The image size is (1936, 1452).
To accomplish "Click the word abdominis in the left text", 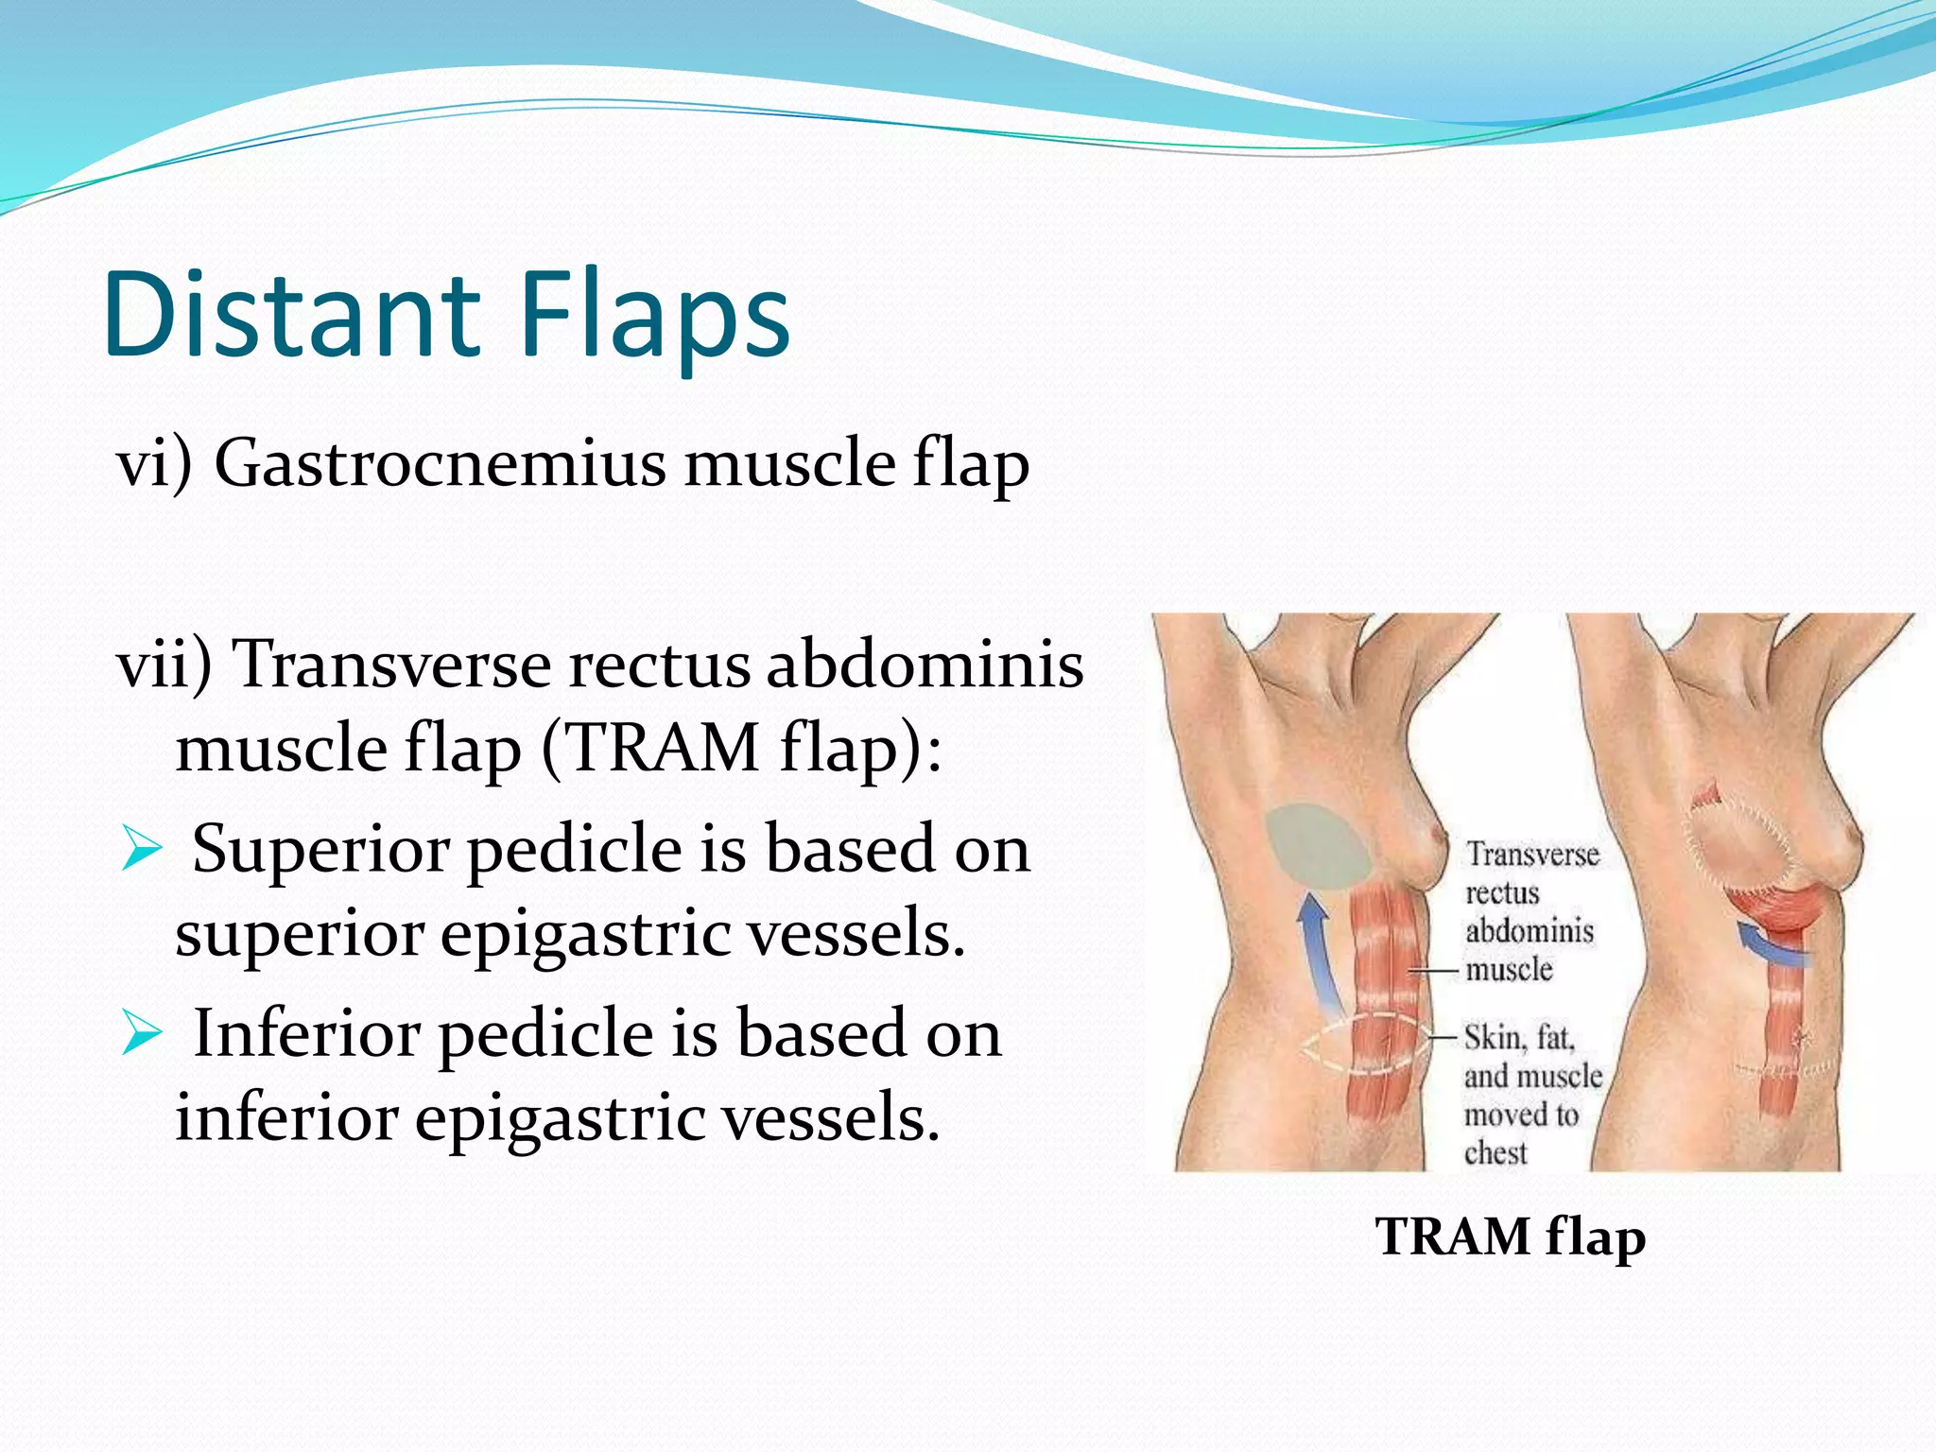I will [924, 664].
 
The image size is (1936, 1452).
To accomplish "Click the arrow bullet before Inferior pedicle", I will [143, 1033].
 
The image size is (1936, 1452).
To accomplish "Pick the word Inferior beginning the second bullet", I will [306, 1033].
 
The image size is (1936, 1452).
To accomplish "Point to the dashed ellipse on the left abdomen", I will [1367, 1044].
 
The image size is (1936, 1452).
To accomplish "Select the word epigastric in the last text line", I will [558, 1117].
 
